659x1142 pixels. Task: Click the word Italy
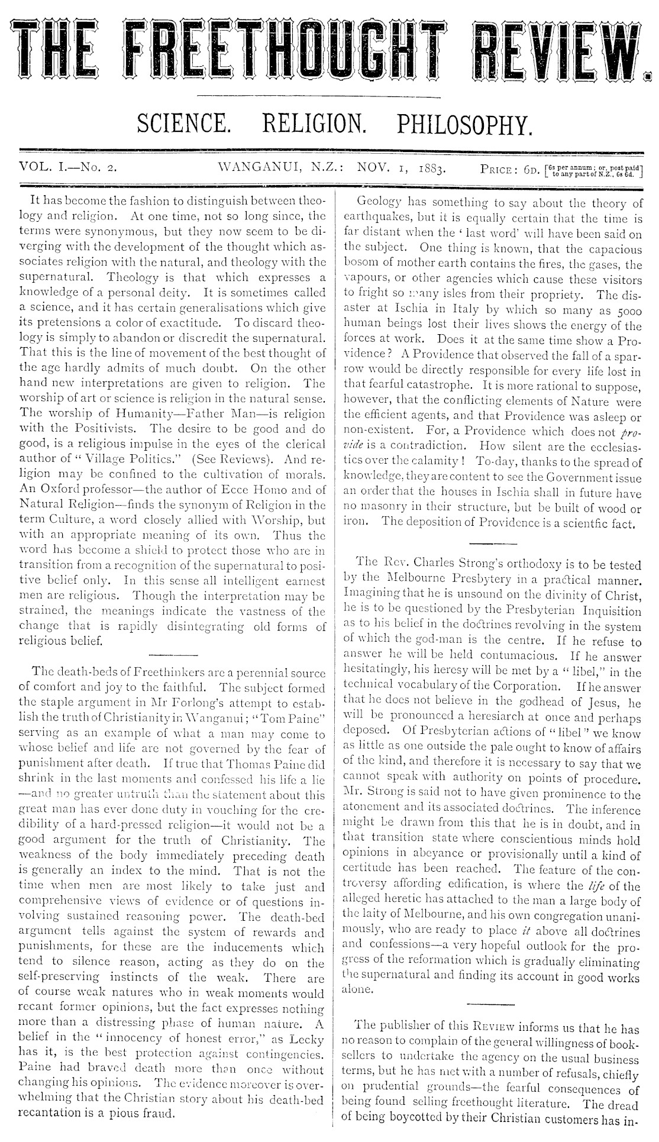(437, 310)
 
